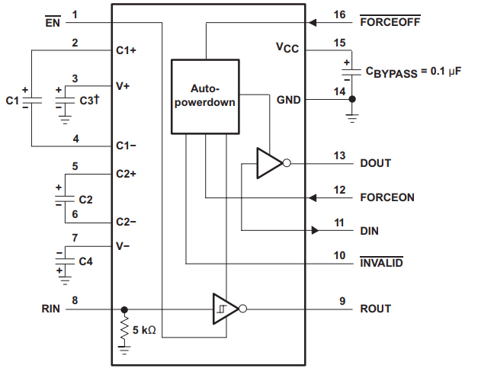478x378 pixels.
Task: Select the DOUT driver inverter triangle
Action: click(x=268, y=163)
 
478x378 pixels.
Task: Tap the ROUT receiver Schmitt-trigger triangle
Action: click(x=224, y=309)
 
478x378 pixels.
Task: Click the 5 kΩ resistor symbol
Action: click(x=125, y=331)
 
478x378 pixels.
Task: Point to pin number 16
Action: click(x=339, y=14)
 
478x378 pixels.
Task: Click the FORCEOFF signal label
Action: click(x=390, y=22)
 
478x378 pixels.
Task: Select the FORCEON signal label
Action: click(x=387, y=197)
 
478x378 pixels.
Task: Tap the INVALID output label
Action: click(x=382, y=264)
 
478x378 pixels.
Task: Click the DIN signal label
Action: click(x=370, y=230)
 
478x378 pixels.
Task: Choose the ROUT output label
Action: click(x=376, y=309)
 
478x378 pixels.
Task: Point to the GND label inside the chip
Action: click(x=288, y=100)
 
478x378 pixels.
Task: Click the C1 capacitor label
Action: click(x=12, y=100)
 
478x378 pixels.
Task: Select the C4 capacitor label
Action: click(x=86, y=261)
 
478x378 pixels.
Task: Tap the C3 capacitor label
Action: click(x=89, y=100)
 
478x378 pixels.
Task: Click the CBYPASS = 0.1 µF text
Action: click(x=416, y=73)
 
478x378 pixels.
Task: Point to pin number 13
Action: click(x=339, y=155)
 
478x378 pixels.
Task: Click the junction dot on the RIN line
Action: click(x=124, y=309)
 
